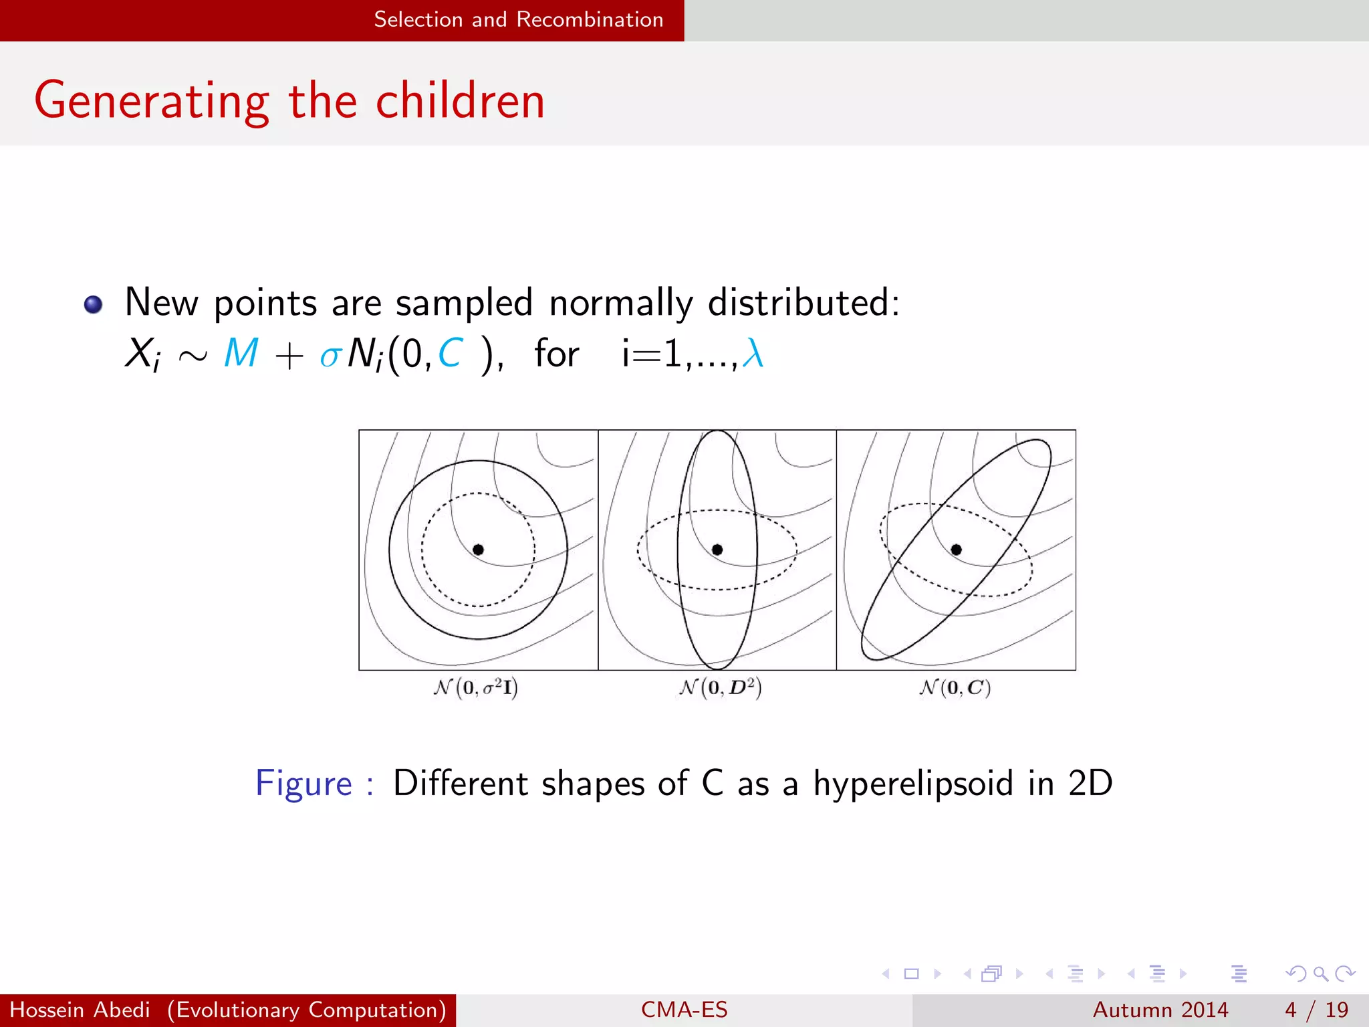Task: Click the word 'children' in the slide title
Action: coord(460,102)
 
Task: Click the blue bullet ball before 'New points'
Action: coord(94,305)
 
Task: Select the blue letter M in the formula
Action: coord(241,353)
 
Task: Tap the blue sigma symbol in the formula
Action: coord(330,356)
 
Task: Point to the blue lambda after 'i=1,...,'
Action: coord(753,353)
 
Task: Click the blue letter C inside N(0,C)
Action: coord(450,353)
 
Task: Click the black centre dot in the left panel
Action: coord(478,550)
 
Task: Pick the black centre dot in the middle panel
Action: coord(717,550)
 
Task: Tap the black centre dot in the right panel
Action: coord(956,550)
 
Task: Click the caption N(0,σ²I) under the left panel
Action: coord(476,687)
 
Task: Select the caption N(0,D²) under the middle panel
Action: coord(720,687)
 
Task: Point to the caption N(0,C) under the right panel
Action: coord(955,687)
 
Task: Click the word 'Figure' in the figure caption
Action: coord(304,784)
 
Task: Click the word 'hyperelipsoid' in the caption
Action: coord(913,784)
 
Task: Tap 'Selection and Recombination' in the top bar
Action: coord(518,19)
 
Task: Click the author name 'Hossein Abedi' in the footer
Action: coord(80,1010)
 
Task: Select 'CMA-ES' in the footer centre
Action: coord(684,1010)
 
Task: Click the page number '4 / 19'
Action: coord(1316,1010)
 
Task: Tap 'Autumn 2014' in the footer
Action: coord(1160,1010)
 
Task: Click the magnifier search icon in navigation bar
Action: coord(1320,974)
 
